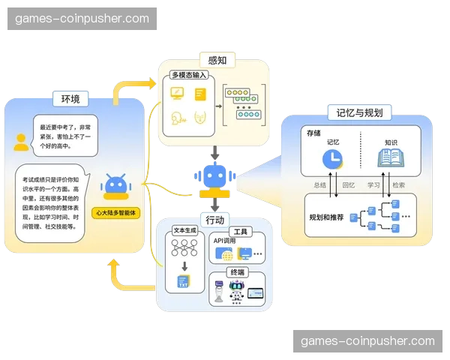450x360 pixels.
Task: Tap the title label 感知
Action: (217, 58)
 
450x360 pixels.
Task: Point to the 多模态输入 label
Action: (188, 75)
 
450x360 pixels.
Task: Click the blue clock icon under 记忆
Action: (331, 158)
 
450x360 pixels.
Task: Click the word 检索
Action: (398, 184)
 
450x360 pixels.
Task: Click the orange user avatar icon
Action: (22, 141)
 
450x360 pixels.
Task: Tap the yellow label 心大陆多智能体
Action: (116, 213)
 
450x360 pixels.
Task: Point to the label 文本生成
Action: (184, 231)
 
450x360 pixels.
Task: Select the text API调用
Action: (225, 241)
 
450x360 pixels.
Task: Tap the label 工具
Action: (239, 231)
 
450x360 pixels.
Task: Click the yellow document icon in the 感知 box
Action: (199, 94)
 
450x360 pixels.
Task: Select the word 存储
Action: (313, 132)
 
